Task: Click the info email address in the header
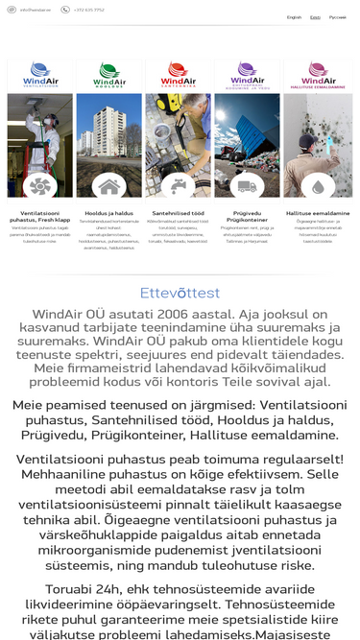coord(36,10)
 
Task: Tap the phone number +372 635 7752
coord(87,10)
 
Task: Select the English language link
coord(294,17)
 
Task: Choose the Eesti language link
coord(315,17)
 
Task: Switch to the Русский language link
coord(338,17)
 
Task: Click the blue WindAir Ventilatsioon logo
coord(40,74)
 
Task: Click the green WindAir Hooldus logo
coord(109,74)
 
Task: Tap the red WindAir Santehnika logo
coord(179,74)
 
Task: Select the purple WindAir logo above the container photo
coord(248,74)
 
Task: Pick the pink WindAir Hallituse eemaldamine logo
coord(318,74)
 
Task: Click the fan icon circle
coord(40,185)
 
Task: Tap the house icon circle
coord(109,185)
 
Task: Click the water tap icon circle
coord(179,185)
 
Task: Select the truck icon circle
coord(248,185)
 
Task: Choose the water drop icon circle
coord(318,185)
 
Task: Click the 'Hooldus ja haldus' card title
coord(109,213)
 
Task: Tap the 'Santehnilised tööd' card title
coord(179,213)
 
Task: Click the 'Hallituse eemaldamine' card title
coord(318,213)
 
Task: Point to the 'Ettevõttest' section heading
coord(180,293)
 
